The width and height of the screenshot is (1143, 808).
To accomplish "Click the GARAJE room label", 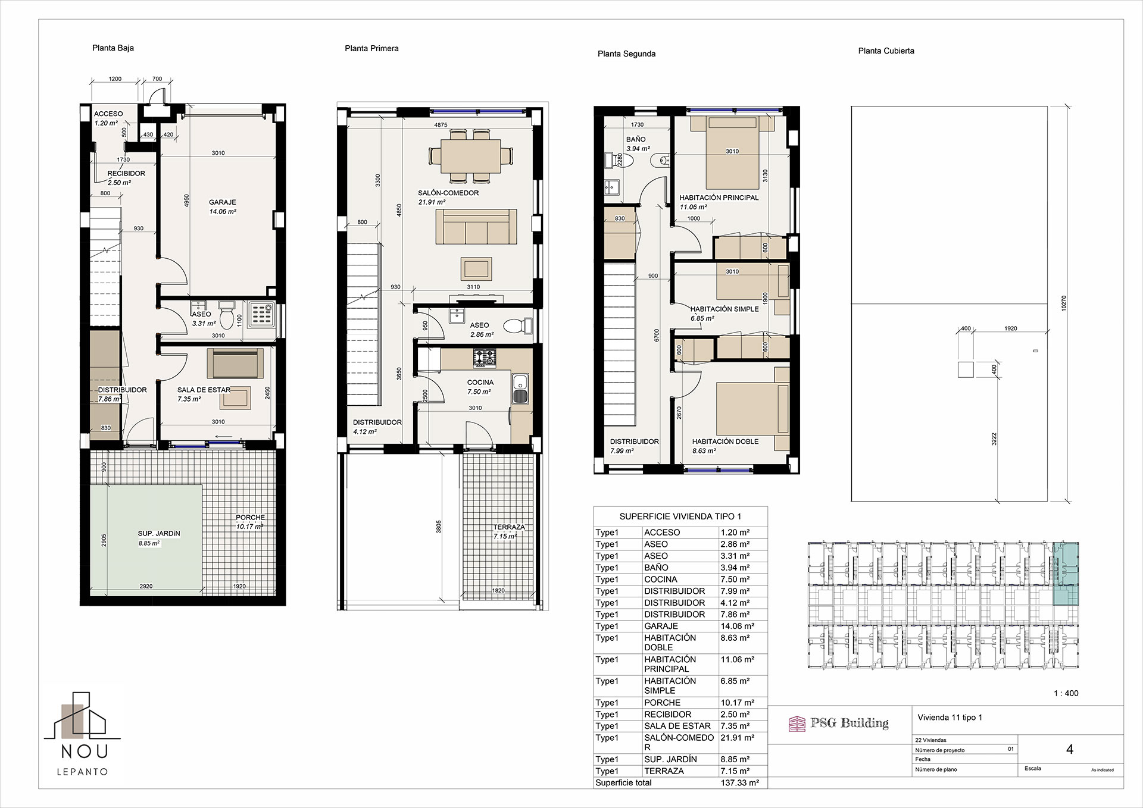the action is pyautogui.click(x=223, y=202).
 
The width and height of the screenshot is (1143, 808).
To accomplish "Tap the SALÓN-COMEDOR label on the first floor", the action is pyautogui.click(x=448, y=193).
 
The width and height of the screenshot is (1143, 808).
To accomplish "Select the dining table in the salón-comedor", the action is pyautogui.click(x=470, y=156).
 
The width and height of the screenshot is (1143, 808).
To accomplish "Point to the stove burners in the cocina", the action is pyautogui.click(x=483, y=358).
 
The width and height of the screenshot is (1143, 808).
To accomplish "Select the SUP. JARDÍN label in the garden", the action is pyautogui.click(x=159, y=533).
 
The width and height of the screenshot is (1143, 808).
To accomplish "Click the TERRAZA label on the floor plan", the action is pyautogui.click(x=509, y=527).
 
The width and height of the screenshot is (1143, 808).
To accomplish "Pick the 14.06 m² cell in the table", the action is pyautogui.click(x=737, y=626).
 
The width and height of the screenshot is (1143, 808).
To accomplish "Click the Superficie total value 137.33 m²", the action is pyautogui.click(x=739, y=783).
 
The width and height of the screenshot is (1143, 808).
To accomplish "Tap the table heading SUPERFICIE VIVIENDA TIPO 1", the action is pyautogui.click(x=680, y=516).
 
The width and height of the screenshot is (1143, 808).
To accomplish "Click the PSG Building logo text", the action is pyautogui.click(x=850, y=723).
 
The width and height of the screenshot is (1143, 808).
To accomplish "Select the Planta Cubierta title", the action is pyautogui.click(x=886, y=51).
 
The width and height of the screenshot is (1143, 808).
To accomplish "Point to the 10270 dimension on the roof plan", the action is pyautogui.click(x=1064, y=303).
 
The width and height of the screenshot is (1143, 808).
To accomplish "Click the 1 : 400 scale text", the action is pyautogui.click(x=1066, y=693).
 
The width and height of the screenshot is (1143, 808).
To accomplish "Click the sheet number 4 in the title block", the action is pyautogui.click(x=1070, y=750).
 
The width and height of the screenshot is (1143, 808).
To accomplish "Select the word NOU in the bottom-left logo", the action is pyautogui.click(x=85, y=751).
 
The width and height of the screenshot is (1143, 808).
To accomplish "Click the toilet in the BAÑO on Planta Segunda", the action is pyautogui.click(x=660, y=161).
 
